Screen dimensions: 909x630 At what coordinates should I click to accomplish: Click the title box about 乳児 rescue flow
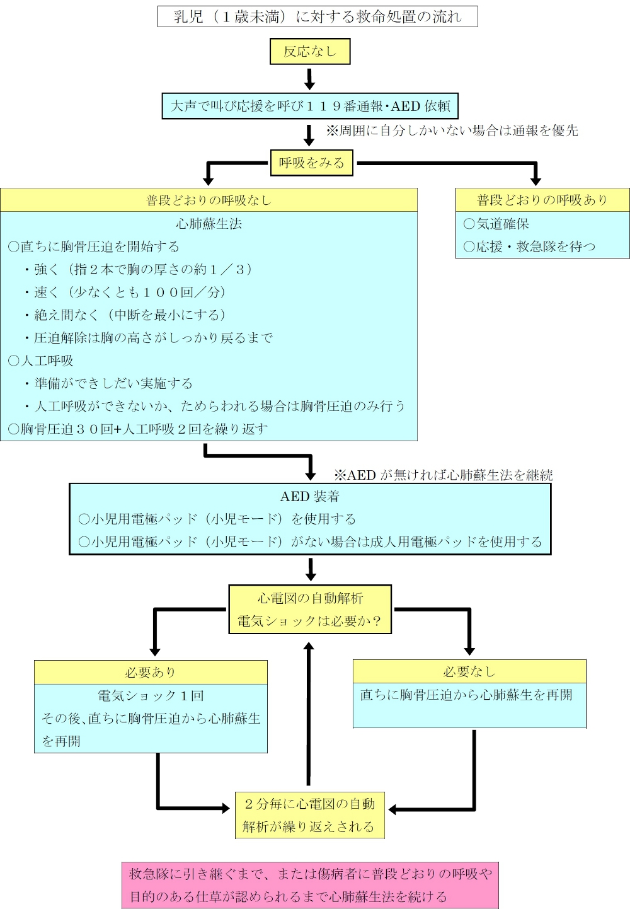tap(318, 16)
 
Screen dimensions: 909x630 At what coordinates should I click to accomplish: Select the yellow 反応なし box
tap(309, 52)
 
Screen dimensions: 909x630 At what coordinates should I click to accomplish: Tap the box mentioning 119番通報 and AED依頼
tap(310, 106)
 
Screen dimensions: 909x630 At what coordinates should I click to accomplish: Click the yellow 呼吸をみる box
tap(311, 163)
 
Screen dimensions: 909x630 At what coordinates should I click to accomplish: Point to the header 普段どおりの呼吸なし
tap(209, 200)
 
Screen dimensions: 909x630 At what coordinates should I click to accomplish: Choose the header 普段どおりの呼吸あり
tap(542, 200)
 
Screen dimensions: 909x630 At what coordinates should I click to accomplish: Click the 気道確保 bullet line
tap(496, 224)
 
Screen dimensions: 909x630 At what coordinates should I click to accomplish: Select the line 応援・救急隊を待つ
tap(529, 246)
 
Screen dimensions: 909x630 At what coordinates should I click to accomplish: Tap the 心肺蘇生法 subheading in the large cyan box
tap(209, 224)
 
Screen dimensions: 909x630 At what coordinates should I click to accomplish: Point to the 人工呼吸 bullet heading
tap(41, 361)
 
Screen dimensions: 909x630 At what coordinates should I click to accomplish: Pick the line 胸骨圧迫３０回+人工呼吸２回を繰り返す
tap(139, 429)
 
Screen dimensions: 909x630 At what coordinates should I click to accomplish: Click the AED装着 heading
tap(309, 496)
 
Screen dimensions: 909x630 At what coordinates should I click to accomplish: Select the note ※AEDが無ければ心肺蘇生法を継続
tap(444, 475)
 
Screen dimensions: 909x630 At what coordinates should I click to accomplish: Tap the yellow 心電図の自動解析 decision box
tap(309, 609)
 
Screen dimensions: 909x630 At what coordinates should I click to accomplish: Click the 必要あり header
tap(151, 672)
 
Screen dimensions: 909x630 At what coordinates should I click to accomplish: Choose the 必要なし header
tap(469, 671)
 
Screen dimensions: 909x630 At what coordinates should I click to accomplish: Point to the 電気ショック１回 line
tap(151, 696)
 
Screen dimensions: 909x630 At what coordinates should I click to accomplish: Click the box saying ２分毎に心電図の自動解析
tap(309, 815)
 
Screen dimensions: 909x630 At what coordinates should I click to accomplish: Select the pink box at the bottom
tap(310, 885)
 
